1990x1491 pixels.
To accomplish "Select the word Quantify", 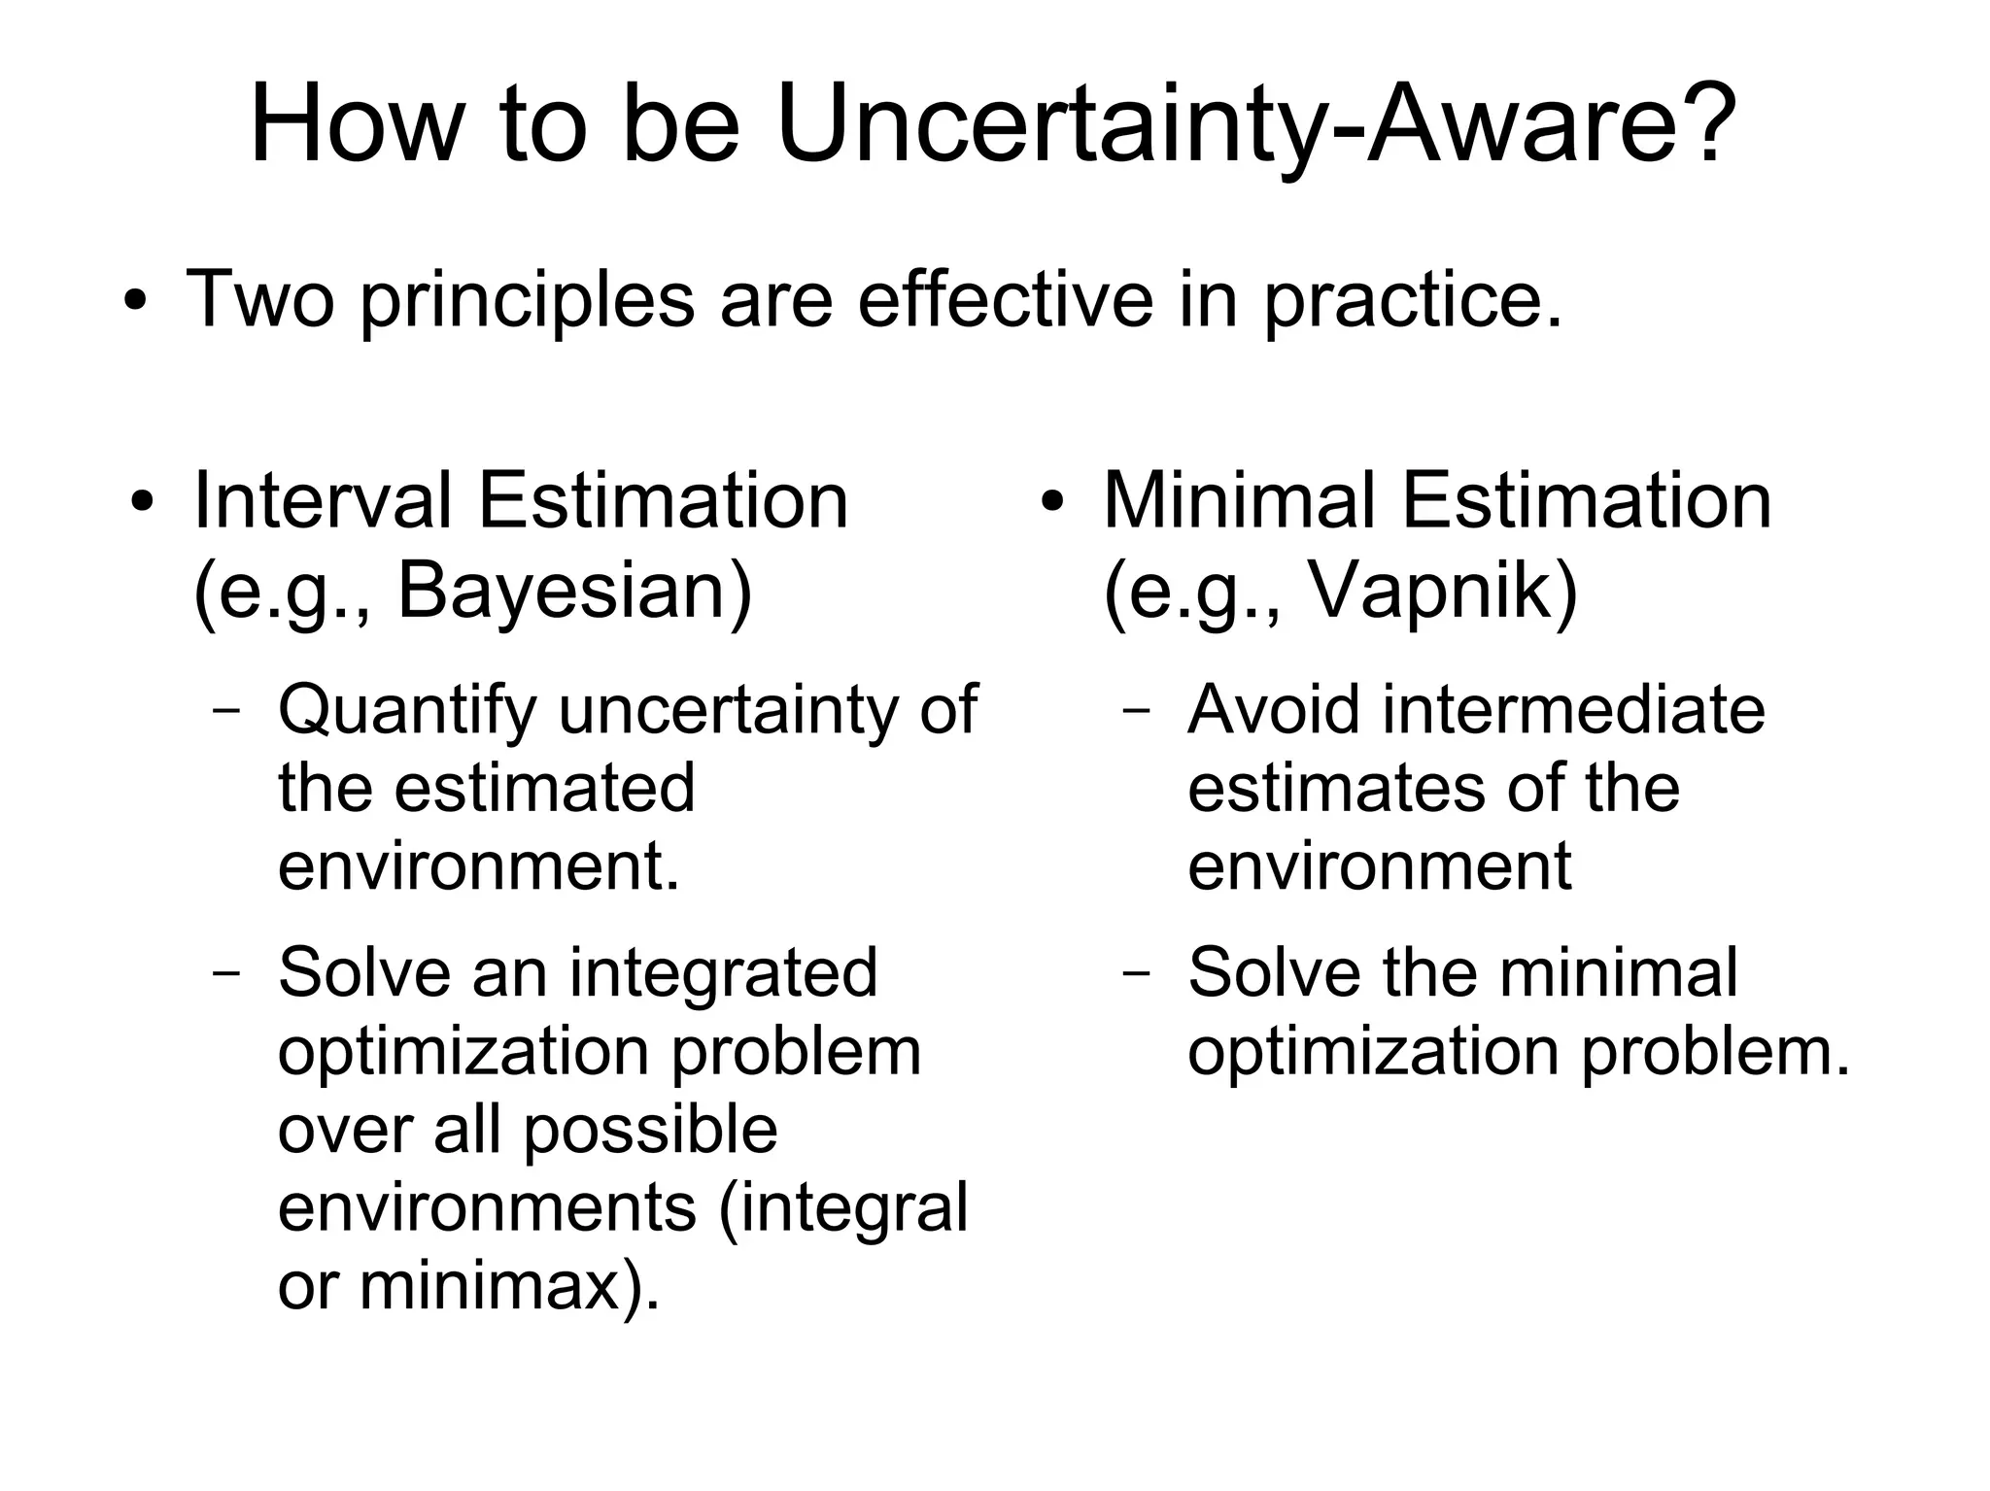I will pyautogui.click(x=406, y=712).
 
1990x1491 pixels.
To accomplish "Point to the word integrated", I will pyautogui.click(x=723, y=973).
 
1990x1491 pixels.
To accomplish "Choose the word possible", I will pyautogui.click(x=650, y=1130).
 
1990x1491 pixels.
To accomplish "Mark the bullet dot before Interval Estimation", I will pyautogui.click(x=143, y=503).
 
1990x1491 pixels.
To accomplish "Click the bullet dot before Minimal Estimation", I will pyautogui.click(x=1052, y=503).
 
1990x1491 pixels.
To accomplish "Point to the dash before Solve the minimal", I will pyautogui.click(x=1135, y=972).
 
